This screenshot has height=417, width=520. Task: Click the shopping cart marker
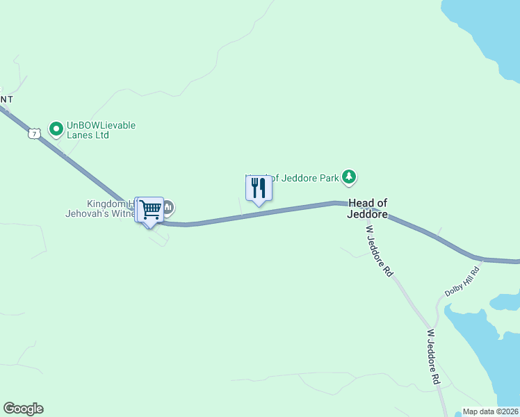[149, 210]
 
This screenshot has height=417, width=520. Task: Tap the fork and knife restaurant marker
[259, 188]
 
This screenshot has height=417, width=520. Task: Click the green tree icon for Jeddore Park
[349, 178]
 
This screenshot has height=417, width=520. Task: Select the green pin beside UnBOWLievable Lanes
[56, 129]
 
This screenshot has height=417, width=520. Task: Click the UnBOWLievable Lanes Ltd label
[100, 130]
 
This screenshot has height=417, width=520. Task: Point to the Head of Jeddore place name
[367, 208]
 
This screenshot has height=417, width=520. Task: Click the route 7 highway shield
[34, 133]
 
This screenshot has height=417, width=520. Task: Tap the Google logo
[23, 409]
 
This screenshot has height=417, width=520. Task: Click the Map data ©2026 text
[490, 411]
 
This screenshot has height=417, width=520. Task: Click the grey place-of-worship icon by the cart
[168, 206]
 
